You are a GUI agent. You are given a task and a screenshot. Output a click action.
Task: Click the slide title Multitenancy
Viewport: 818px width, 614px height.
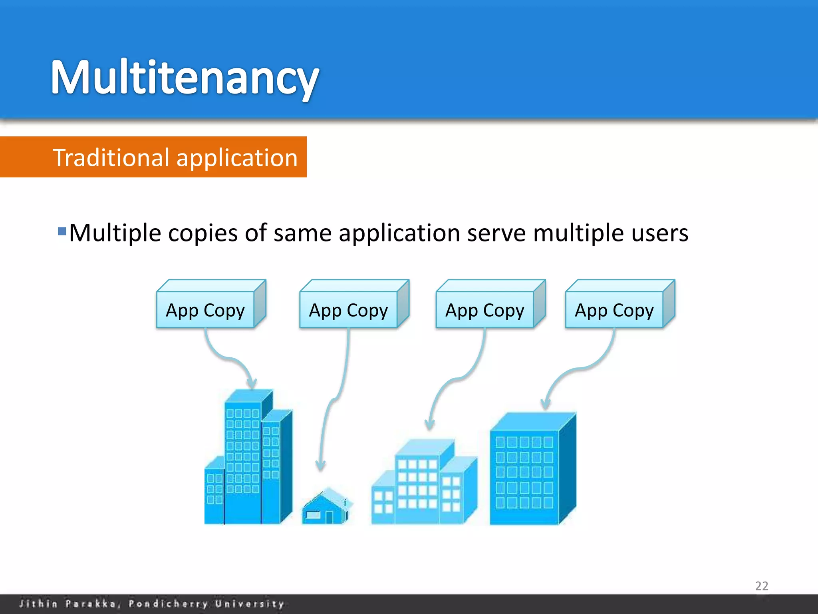[185, 77]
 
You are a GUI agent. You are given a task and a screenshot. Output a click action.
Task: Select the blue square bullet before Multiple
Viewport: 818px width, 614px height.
[62, 231]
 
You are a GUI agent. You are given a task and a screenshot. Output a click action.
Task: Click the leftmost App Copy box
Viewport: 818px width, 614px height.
[205, 310]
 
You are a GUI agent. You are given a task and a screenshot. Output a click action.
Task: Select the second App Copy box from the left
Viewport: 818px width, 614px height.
[348, 310]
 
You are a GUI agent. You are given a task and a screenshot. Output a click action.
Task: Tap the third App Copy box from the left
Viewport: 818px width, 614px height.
[484, 310]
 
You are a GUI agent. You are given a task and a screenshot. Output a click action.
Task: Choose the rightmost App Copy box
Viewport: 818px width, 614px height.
[614, 310]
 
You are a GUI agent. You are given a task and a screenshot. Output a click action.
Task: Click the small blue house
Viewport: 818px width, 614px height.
[326, 506]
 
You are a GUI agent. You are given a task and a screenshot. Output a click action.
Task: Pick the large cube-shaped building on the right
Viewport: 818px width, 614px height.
[531, 470]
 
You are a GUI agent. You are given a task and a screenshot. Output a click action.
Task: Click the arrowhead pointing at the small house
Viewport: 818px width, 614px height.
[320, 466]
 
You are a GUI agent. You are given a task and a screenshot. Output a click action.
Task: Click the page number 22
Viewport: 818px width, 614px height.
[761, 586]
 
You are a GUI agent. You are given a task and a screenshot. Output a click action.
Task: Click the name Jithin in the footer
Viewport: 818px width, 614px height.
[38, 604]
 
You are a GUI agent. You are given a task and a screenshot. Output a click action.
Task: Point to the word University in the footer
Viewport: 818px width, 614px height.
[250, 604]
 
